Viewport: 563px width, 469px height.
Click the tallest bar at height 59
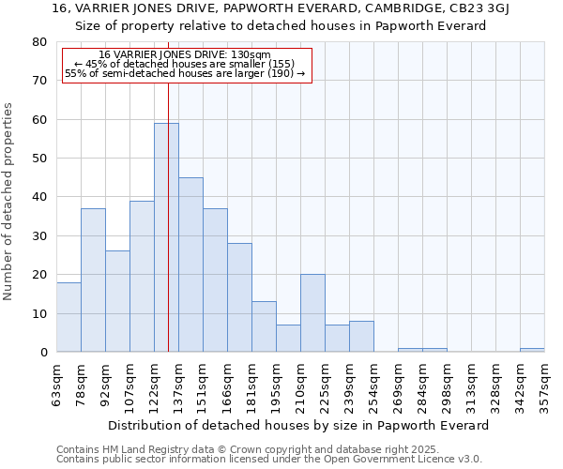coord(166,237)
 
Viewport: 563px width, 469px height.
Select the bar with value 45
coord(190,265)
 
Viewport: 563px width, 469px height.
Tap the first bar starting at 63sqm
coord(68,317)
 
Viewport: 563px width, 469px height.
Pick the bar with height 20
coord(312,313)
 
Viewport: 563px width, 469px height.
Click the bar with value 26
coord(117,301)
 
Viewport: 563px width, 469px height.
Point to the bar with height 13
coord(264,326)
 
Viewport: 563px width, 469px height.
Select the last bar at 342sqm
coord(532,350)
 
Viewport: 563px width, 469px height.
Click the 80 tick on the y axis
coord(39,42)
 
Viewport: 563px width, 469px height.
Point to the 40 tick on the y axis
coord(39,197)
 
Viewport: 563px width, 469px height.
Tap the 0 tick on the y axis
coord(43,352)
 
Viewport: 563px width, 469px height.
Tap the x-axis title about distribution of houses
coord(298,425)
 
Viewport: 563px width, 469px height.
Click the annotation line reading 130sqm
coord(185,55)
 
